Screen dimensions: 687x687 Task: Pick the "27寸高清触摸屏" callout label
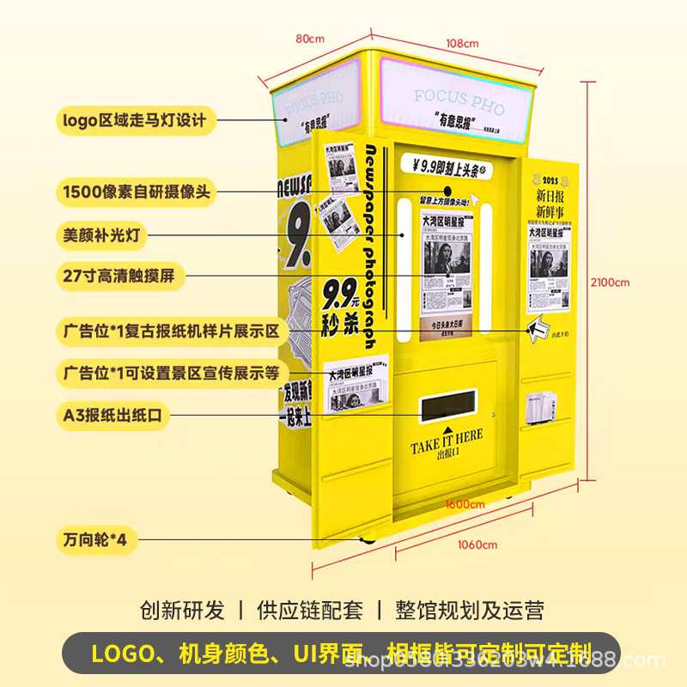[117, 277]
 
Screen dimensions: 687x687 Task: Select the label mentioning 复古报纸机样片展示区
[171, 331]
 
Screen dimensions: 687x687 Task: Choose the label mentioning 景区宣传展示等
[171, 373]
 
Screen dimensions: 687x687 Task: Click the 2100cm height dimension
[612, 282]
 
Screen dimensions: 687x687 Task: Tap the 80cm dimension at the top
[310, 39]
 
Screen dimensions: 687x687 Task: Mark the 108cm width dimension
[462, 43]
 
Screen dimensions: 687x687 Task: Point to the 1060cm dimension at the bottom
[477, 544]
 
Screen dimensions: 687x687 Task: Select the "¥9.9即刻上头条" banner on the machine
[447, 167]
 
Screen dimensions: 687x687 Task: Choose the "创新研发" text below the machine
[182, 611]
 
